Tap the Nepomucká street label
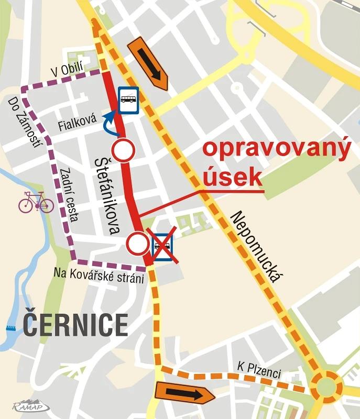pyautogui.click(x=257, y=246)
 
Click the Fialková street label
pyautogui.click(x=78, y=125)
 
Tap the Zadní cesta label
pyautogui.click(x=69, y=194)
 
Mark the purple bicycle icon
pyautogui.click(x=36, y=202)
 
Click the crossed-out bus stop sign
pyautogui.click(x=162, y=244)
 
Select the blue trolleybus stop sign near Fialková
pyautogui.click(x=128, y=100)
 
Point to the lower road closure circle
pyautogui.click(x=138, y=243)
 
